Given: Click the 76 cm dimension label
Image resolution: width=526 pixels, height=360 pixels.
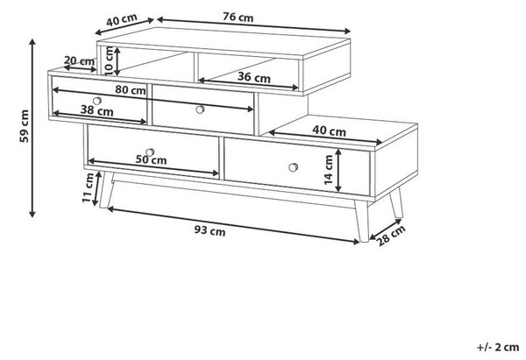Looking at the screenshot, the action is [238, 17].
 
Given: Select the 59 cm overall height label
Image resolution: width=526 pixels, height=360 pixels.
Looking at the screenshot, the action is [25, 126].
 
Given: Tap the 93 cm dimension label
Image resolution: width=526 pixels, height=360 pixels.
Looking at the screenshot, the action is [210, 230].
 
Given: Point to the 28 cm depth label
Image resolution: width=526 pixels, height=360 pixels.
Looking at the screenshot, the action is [391, 236].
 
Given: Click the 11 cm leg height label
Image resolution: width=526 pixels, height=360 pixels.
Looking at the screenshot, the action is [89, 187].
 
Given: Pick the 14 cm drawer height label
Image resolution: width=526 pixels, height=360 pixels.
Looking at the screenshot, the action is [329, 170].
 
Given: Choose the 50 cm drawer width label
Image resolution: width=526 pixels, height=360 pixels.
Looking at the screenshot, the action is [151, 159].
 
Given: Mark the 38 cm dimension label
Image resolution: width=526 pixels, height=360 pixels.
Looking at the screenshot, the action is [97, 110].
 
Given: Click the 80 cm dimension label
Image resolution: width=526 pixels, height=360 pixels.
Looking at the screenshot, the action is [131, 90].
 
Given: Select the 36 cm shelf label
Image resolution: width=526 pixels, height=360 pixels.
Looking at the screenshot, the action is [254, 77].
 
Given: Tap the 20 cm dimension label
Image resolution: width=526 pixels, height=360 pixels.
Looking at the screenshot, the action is [79, 60].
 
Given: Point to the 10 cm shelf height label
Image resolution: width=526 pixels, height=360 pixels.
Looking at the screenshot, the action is [109, 60].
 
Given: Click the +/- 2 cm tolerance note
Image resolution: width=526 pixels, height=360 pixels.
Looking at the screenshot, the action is [498, 347].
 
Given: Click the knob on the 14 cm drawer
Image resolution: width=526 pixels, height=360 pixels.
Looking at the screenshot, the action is [293, 167].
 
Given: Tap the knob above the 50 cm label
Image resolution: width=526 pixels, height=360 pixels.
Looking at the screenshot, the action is [150, 152].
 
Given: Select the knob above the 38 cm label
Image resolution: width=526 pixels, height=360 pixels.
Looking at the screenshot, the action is [97, 101].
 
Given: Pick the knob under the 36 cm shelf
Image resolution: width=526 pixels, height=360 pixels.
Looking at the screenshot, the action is [200, 109].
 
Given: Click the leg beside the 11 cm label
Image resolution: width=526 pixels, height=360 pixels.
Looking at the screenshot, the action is [106, 190].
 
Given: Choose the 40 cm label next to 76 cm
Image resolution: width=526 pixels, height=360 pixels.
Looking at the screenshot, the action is [122, 20].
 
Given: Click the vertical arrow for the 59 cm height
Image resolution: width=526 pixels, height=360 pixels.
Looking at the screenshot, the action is [32, 128].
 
